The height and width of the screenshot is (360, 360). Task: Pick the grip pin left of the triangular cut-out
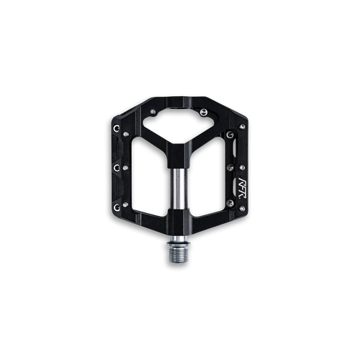(x=156, y=110)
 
